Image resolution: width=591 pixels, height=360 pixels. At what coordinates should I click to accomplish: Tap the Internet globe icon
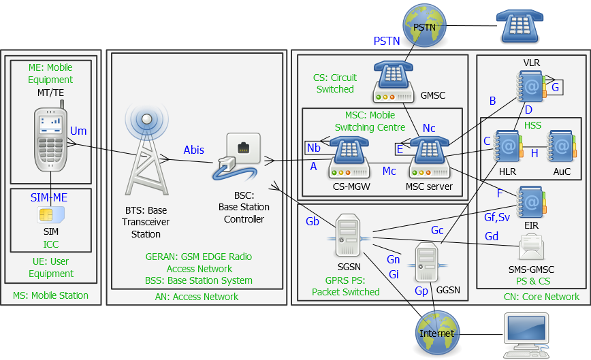tap(436, 331)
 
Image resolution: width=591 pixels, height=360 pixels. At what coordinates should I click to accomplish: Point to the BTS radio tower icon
tap(146, 157)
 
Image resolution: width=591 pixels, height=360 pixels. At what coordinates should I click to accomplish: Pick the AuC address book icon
tap(562, 146)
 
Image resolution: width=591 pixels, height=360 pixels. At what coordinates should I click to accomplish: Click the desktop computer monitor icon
tap(525, 332)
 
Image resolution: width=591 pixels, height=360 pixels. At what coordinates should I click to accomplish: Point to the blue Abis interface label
tap(193, 150)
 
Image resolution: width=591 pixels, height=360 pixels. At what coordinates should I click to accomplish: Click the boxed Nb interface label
tap(314, 148)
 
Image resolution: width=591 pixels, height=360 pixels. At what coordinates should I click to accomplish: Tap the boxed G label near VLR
tap(555, 87)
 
